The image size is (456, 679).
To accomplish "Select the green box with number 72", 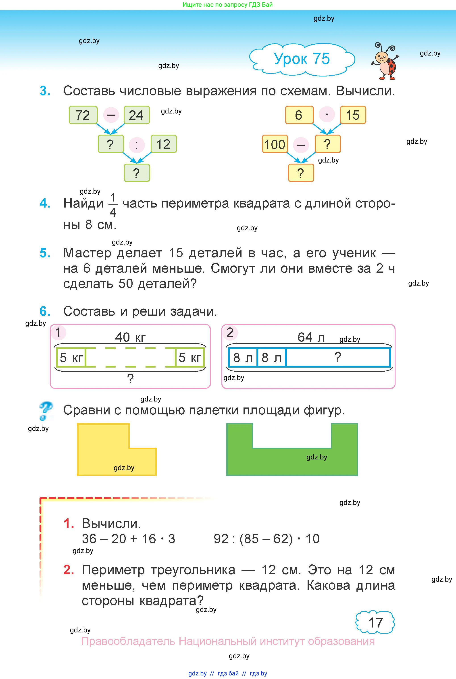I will tap(83, 115).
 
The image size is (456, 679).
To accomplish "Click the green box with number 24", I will tap(136, 115).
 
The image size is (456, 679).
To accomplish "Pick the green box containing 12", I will tap(163, 144).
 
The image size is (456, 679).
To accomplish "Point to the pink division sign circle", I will tap(137, 145).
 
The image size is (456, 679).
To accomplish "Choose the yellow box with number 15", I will tap(352, 115).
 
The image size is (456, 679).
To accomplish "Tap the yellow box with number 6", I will tap(299, 115).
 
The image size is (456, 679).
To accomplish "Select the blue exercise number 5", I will tap(45, 253).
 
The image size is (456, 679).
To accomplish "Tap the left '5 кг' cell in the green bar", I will tap(71, 358).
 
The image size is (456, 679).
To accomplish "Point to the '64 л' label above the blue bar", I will tap(311, 337).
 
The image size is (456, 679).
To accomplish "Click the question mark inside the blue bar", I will tap(337, 357).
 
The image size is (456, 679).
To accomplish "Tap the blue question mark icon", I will tap(46, 410).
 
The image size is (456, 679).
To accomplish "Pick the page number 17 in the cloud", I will tap(375, 623).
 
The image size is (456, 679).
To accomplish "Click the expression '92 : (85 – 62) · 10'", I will tap(266, 539).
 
